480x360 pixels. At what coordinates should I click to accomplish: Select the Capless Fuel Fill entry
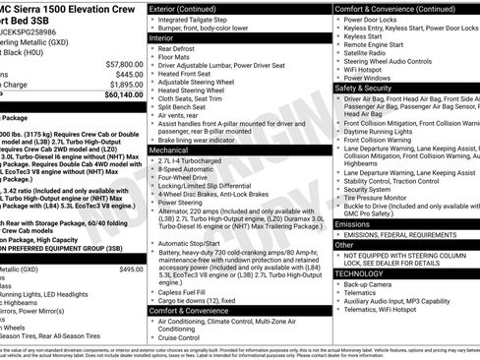(x=186, y=291)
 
